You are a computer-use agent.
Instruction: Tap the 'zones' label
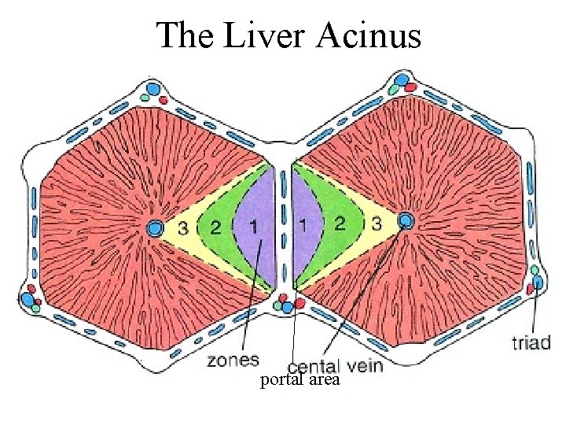click(x=233, y=360)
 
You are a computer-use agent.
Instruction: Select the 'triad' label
click(x=531, y=342)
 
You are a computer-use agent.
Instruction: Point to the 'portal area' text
click(x=300, y=381)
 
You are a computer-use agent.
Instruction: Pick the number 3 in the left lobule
click(x=182, y=228)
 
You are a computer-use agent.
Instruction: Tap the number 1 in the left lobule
click(x=252, y=227)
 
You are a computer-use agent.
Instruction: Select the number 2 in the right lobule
click(x=340, y=224)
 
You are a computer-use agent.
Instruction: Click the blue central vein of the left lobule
click(x=155, y=228)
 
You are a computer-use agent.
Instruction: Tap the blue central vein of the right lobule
click(x=406, y=220)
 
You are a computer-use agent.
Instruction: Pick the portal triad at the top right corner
click(x=402, y=83)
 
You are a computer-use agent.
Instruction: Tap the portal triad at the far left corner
click(x=31, y=298)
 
